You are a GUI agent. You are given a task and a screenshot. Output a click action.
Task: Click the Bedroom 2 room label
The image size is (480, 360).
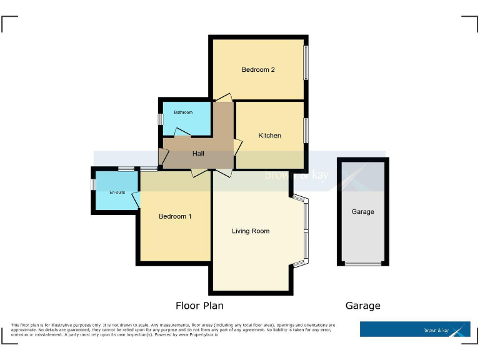pos(258,70)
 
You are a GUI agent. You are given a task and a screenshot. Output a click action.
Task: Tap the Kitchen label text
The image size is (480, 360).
pos(270,136)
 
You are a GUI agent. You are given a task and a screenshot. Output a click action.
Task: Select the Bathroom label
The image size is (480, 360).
pos(183,112)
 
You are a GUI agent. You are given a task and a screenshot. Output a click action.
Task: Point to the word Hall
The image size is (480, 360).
pos(198,154)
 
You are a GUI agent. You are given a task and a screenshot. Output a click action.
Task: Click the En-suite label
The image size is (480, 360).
pos(117,192)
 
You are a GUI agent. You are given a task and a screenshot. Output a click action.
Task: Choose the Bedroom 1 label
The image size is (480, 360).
pos(175,216)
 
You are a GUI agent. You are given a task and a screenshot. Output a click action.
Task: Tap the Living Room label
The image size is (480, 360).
pos(251,231)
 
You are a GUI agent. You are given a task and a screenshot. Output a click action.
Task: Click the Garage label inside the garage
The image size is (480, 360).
pos(362,212)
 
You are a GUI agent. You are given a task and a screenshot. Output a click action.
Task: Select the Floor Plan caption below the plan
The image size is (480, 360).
pos(199,306)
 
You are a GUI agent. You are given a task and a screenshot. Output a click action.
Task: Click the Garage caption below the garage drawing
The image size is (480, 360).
pos(362,306)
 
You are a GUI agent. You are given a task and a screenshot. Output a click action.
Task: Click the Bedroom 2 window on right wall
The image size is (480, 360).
pos(306,62)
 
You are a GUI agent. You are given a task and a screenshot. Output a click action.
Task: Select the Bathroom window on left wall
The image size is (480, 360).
pos(161,118)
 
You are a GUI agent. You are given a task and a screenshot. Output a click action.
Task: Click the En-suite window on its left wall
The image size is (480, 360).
pos(93,185)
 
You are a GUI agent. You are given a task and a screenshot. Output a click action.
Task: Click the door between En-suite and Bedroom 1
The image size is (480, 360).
pos(136,199)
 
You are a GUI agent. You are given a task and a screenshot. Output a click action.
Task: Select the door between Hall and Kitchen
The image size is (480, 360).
pos(237,147)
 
